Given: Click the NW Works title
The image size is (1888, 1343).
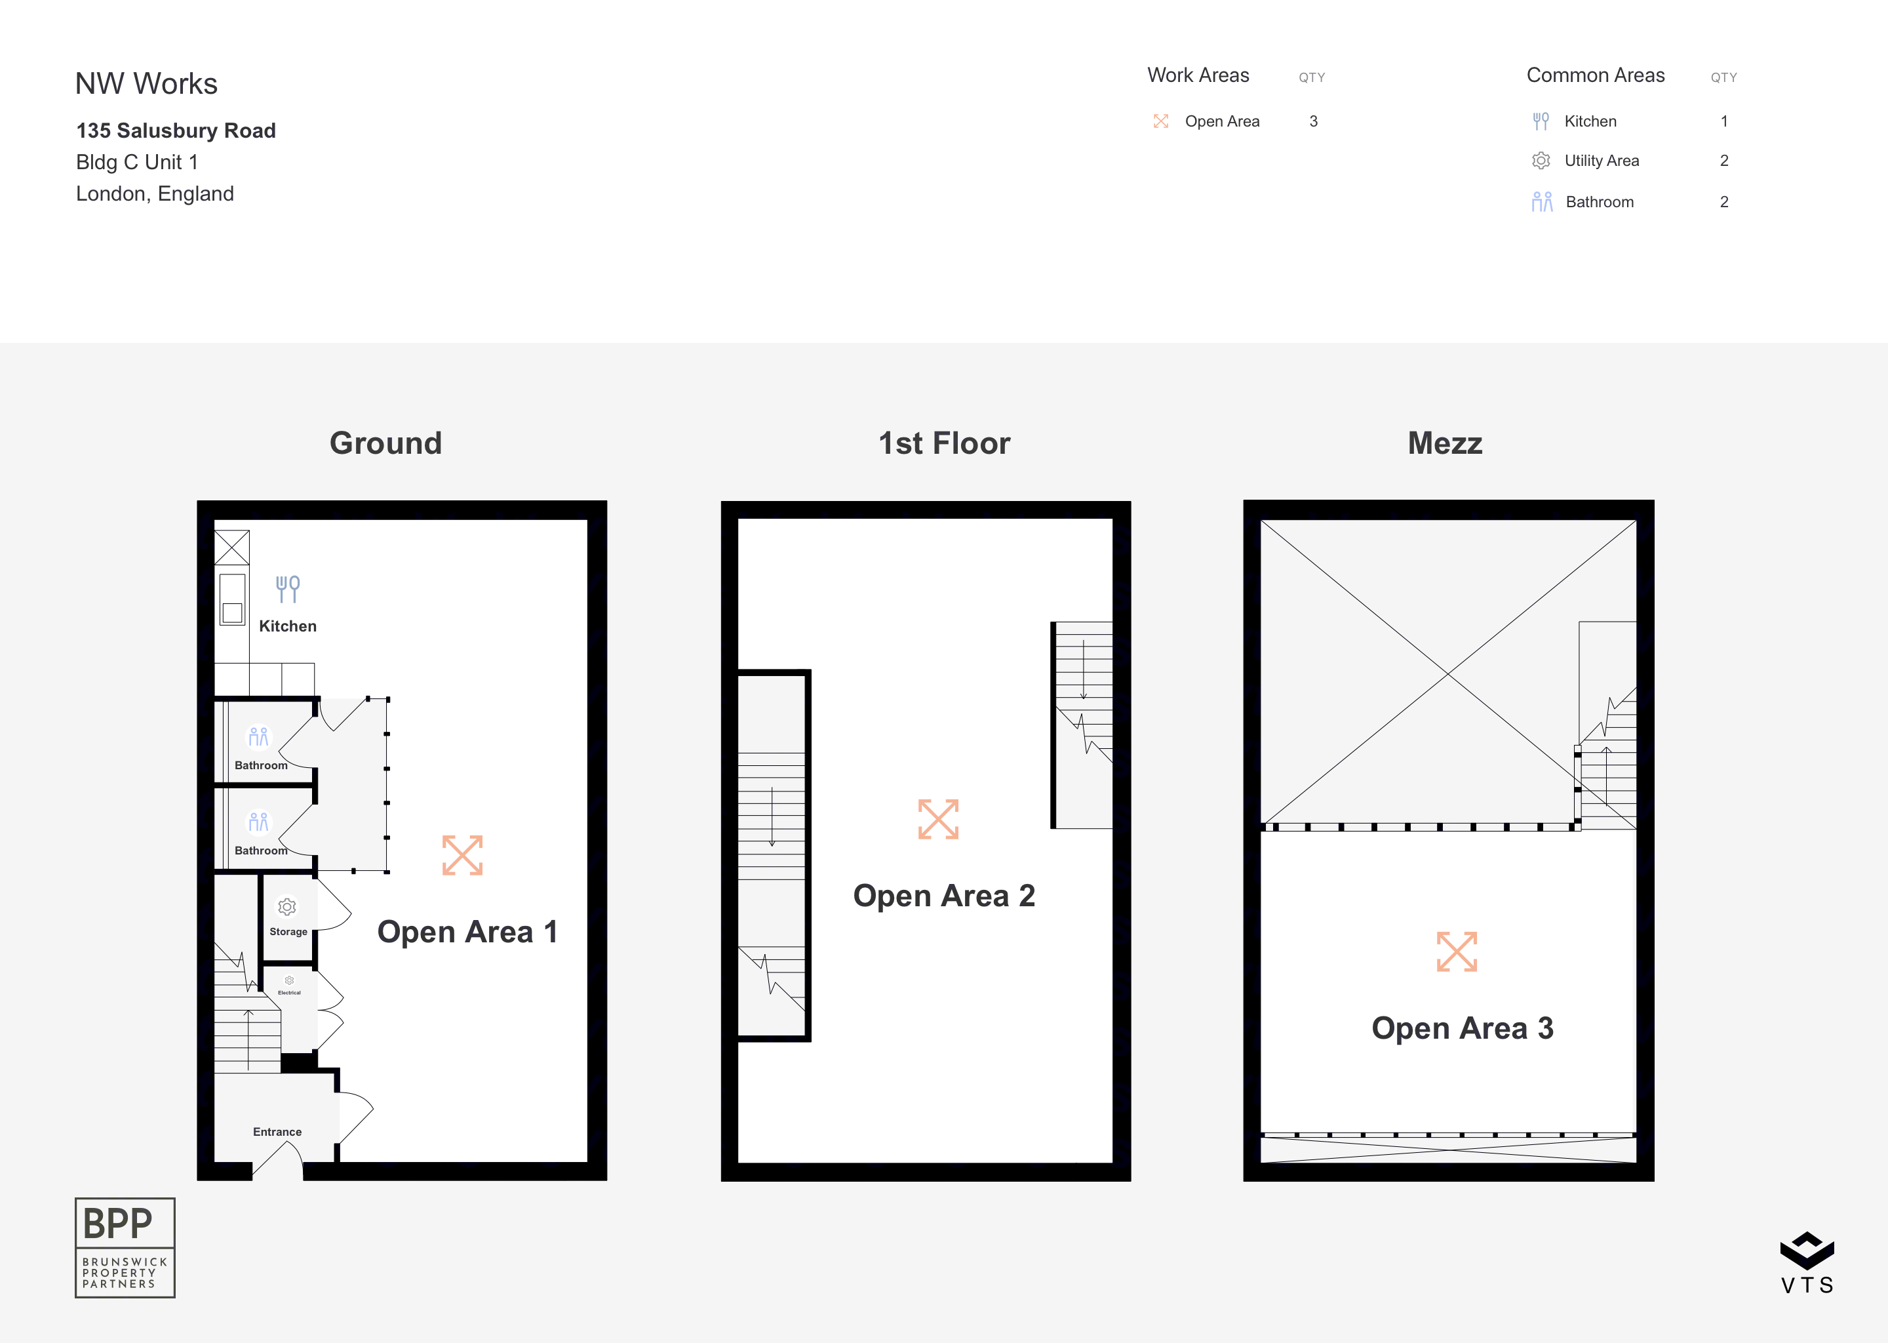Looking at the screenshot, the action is (x=146, y=83).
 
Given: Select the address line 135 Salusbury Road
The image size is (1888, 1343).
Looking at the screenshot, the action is (x=176, y=130).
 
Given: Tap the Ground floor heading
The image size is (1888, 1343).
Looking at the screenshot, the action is (x=386, y=443).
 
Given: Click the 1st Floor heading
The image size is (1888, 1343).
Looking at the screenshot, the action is (x=944, y=443).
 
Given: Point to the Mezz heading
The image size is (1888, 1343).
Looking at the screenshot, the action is (x=1445, y=443).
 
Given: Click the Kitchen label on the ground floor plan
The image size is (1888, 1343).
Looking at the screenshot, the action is (x=288, y=626).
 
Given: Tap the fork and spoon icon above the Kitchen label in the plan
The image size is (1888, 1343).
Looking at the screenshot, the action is (x=288, y=589).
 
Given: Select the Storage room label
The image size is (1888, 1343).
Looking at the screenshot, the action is (x=288, y=931).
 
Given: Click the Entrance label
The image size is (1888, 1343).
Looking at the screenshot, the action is (x=277, y=1131).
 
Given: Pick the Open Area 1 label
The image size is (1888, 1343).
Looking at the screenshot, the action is (x=468, y=932).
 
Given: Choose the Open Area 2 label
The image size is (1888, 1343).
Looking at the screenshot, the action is (x=944, y=896).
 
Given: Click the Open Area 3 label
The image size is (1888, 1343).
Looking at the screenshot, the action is (x=1463, y=1028).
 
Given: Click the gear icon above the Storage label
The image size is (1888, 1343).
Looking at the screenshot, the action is (x=287, y=907).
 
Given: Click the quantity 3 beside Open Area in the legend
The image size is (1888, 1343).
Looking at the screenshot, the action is (x=1314, y=121).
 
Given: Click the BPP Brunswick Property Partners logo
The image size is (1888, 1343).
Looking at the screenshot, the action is (x=125, y=1247).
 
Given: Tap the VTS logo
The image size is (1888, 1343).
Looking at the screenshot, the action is (x=1807, y=1263).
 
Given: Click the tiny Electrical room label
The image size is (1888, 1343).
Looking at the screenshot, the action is (x=289, y=992).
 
